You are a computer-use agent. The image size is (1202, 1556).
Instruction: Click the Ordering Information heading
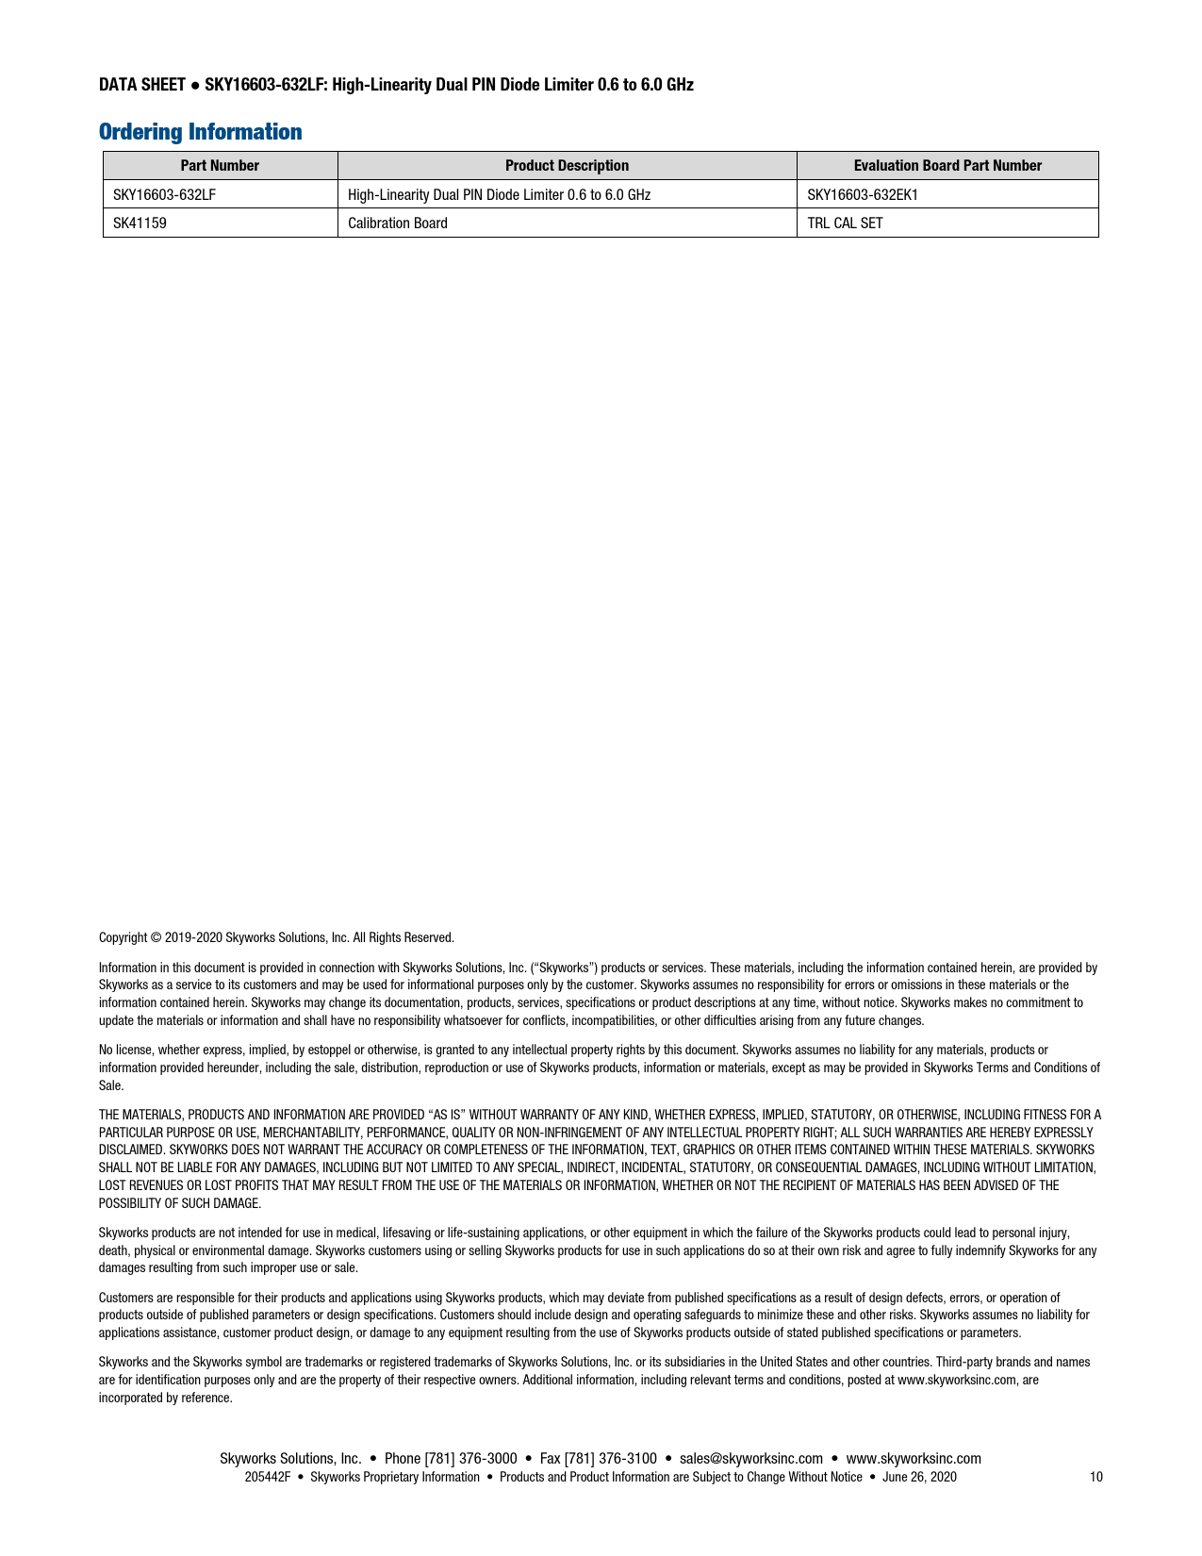(200, 132)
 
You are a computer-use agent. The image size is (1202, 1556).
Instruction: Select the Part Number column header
(220, 166)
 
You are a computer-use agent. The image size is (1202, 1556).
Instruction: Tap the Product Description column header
(567, 166)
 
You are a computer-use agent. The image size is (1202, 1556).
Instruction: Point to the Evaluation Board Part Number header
(947, 166)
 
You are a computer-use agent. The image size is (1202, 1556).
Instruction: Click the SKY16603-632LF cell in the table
(158, 195)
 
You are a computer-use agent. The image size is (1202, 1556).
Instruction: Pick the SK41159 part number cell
(140, 223)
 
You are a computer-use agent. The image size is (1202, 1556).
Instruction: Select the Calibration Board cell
(398, 223)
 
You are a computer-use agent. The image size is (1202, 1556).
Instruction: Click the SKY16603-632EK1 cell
(862, 195)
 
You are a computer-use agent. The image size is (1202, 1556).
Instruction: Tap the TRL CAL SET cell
(845, 223)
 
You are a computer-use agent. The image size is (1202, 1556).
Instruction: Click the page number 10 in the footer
(1095, 1477)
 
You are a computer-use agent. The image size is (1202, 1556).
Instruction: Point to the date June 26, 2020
(919, 1477)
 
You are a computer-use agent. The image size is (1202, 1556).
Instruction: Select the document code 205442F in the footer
(267, 1477)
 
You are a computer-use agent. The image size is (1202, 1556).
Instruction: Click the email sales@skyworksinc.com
(750, 1459)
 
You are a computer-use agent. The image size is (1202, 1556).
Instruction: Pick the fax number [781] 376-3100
(610, 1459)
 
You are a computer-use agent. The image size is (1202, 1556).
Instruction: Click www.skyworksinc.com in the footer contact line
(914, 1459)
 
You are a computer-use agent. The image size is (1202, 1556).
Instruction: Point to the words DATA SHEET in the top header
(141, 85)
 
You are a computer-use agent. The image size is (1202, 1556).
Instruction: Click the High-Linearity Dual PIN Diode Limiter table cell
(499, 195)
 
